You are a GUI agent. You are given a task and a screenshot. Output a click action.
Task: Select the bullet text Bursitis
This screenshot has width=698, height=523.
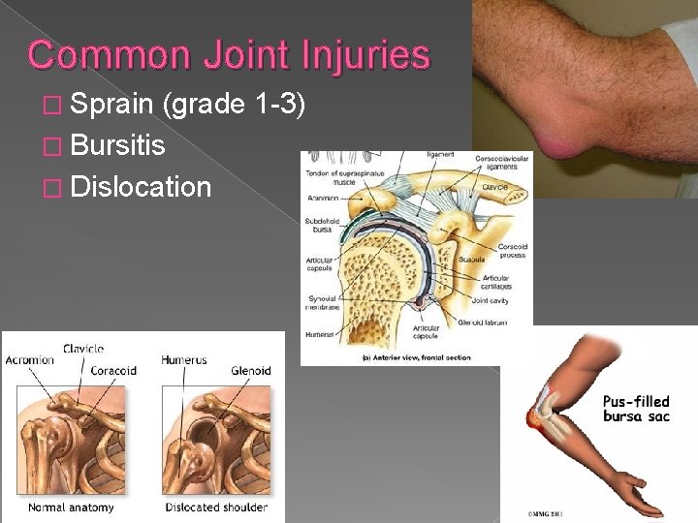[x=117, y=146]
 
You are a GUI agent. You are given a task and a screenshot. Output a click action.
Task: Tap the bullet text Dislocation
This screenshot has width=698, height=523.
[x=141, y=186]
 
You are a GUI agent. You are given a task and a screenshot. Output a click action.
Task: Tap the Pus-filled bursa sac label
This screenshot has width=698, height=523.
[x=636, y=409]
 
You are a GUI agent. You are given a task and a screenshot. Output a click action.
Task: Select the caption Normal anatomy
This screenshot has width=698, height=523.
[x=71, y=508]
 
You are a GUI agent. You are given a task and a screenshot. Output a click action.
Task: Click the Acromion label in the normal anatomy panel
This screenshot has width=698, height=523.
[x=29, y=360]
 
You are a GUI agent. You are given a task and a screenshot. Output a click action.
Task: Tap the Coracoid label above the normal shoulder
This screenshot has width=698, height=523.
[x=113, y=371]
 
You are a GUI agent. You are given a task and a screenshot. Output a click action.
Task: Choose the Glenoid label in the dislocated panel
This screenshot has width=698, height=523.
[x=251, y=371]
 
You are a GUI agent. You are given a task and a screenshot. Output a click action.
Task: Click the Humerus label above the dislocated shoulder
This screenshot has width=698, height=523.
[x=184, y=360]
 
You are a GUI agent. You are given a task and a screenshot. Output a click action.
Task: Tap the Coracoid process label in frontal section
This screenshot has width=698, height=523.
[x=510, y=251]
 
